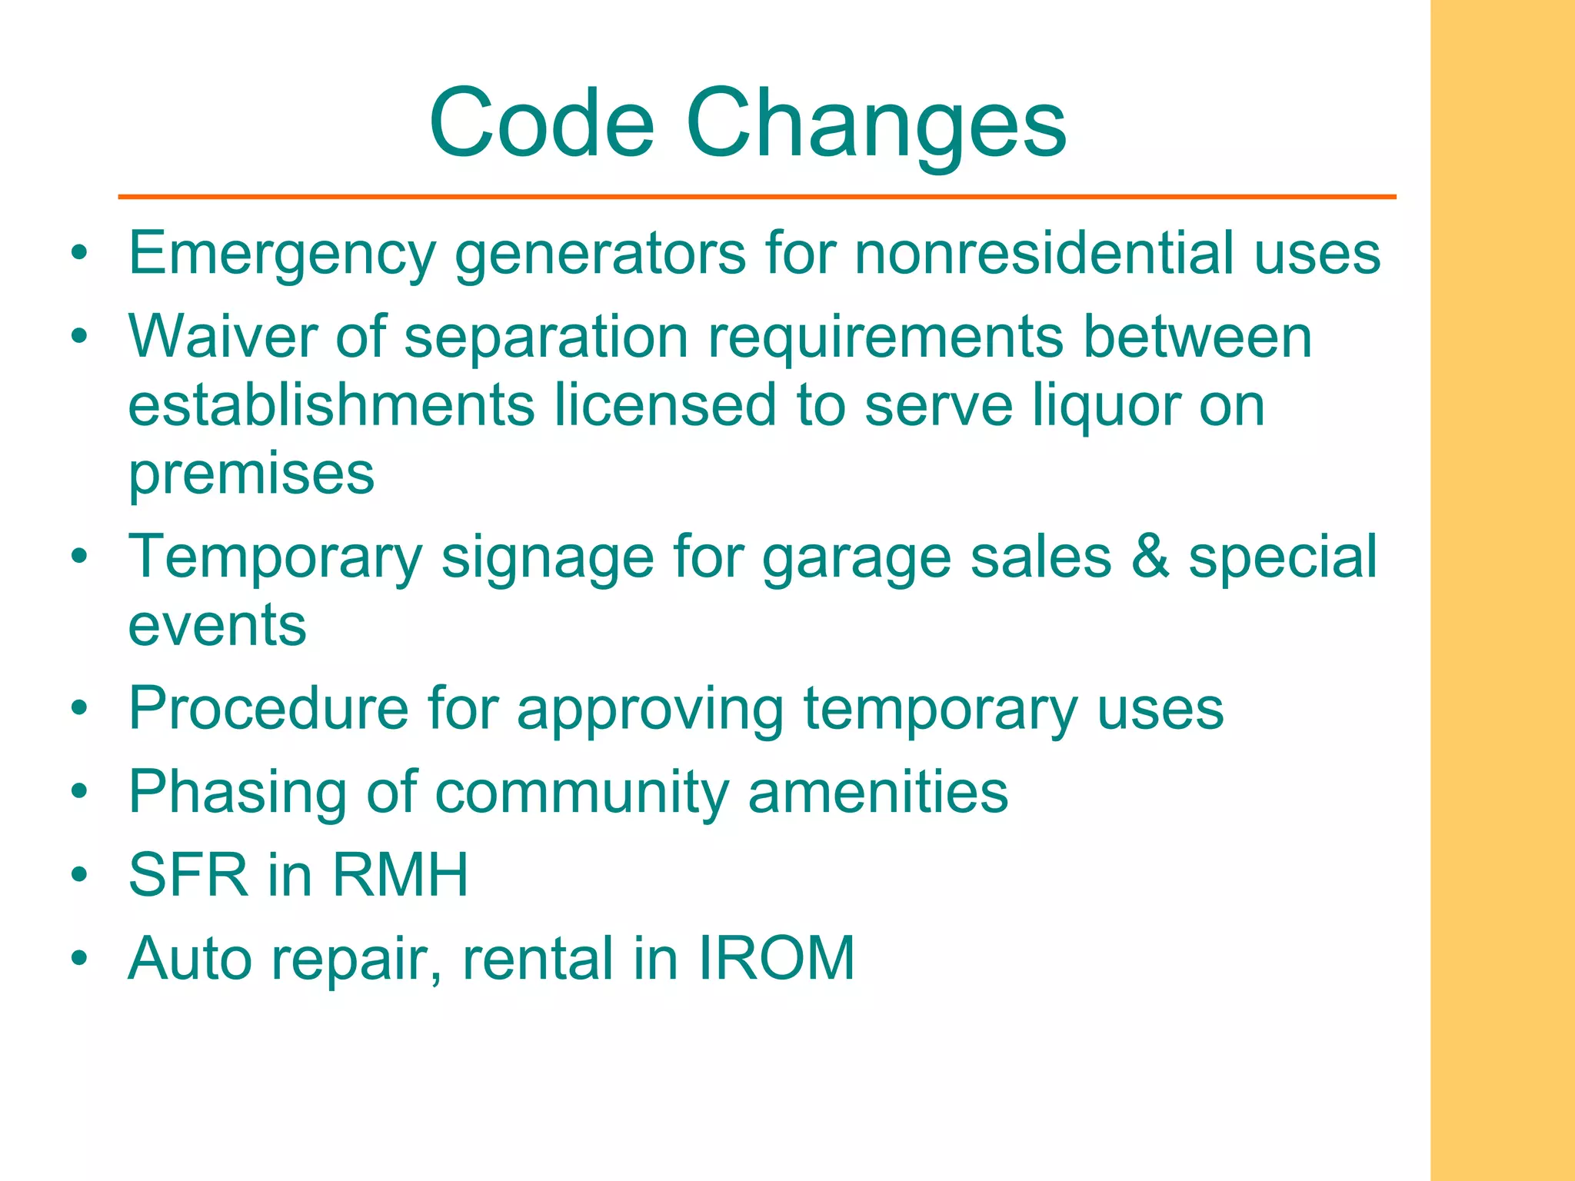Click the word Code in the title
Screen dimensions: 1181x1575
[542, 123]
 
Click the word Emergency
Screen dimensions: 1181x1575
[281, 254]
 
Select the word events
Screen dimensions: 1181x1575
[217, 624]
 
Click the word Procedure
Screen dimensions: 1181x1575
[268, 707]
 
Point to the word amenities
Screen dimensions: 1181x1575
[877, 791]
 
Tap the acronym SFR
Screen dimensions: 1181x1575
[188, 875]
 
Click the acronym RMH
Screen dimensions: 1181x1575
[400, 875]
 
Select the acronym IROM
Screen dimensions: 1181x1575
[777, 958]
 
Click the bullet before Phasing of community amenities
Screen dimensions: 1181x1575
[79, 792]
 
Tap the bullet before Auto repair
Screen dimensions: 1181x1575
[79, 959]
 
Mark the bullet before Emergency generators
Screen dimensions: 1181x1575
[79, 253]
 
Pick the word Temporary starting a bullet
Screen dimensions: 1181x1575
[275, 558]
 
